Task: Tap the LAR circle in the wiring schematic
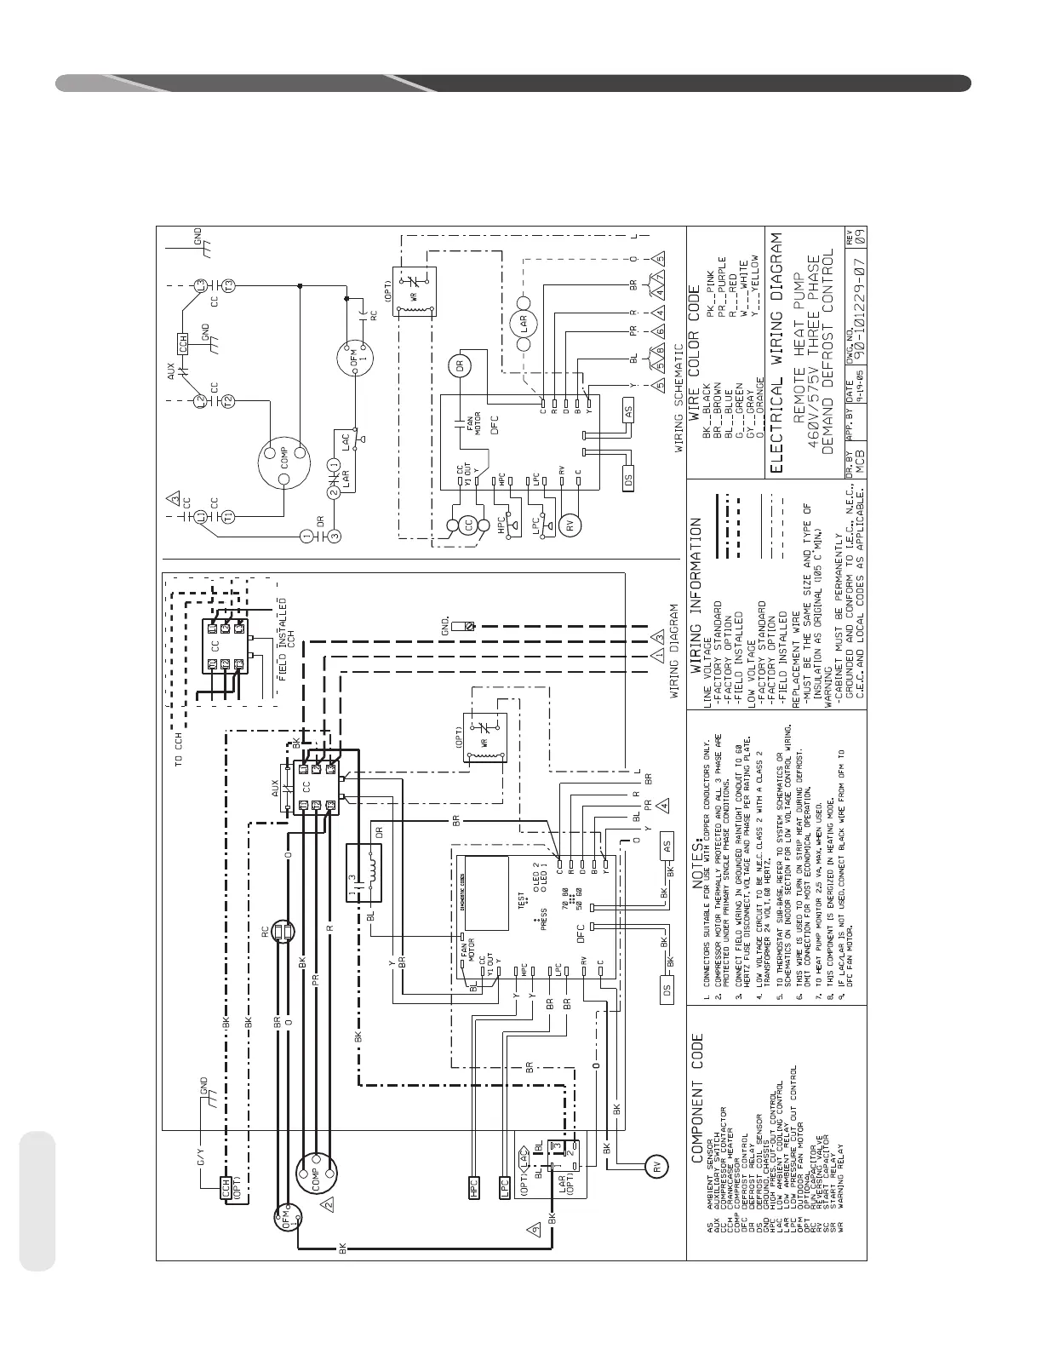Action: (x=524, y=321)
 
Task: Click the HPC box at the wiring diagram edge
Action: (x=475, y=1187)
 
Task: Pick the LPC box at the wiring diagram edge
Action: (x=505, y=1187)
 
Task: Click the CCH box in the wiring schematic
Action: (x=181, y=342)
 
